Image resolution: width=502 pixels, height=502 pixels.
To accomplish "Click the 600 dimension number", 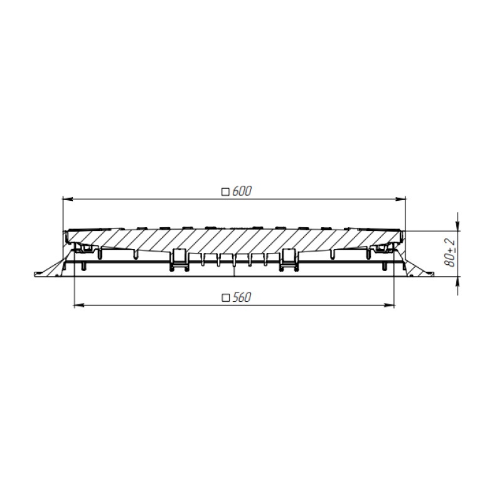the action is click(x=242, y=191).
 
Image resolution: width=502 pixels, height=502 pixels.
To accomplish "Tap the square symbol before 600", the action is click(x=226, y=192).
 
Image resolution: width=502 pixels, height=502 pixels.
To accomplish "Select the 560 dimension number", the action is click(x=242, y=297).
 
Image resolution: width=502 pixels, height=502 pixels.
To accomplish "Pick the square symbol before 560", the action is click(x=226, y=298).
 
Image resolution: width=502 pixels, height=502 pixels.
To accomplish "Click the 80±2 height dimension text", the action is click(x=450, y=253).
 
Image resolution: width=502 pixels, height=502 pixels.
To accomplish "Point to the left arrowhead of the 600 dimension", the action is click(x=68, y=199).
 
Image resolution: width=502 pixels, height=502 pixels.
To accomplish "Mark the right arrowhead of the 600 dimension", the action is click(x=401, y=199).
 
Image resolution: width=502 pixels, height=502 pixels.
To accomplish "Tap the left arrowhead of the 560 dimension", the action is click(x=79, y=306).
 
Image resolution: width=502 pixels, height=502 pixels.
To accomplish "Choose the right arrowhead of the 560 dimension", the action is click(x=389, y=306).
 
